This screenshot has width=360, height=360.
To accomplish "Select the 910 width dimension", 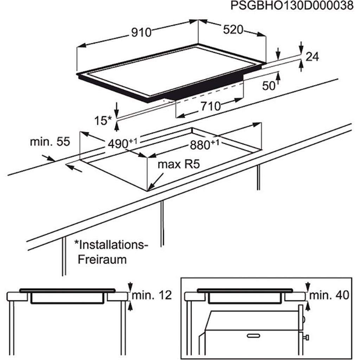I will [x=141, y=32].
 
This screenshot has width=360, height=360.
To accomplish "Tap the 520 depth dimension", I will [x=233, y=30].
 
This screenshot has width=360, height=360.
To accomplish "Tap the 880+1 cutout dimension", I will [x=204, y=144].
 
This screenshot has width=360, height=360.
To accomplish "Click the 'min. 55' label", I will [x=50, y=142].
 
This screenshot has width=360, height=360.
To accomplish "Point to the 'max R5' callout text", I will [x=179, y=164].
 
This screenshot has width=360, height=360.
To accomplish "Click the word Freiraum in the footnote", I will [x=102, y=259].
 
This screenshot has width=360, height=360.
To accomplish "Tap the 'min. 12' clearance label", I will [x=152, y=296].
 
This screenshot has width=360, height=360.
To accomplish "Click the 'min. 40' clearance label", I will [x=330, y=296].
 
